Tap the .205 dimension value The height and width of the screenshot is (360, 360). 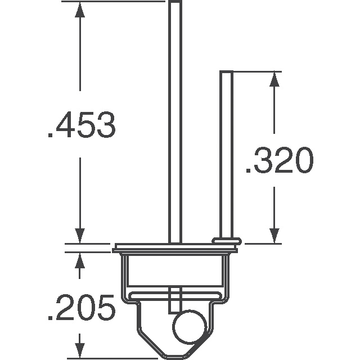[82, 308]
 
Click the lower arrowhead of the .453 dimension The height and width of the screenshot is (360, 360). [81, 236]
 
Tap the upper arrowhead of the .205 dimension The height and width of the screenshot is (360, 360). [81, 260]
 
